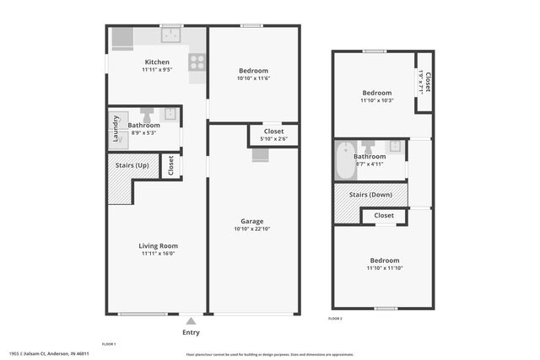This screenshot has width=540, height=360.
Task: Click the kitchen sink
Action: [172, 35]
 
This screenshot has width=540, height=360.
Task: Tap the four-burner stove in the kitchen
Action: [197, 61]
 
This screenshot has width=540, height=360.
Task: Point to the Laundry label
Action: [116, 129]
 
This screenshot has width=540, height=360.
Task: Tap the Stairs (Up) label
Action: [132, 165]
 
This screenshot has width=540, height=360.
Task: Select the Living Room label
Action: [159, 245]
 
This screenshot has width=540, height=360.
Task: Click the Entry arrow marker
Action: [192, 320]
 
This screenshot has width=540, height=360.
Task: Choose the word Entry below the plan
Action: [192, 332]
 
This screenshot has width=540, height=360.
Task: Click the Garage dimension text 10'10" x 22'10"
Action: [252, 228]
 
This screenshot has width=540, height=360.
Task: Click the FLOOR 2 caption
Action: [335, 319]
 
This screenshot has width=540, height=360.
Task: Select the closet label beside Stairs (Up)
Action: [170, 165]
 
